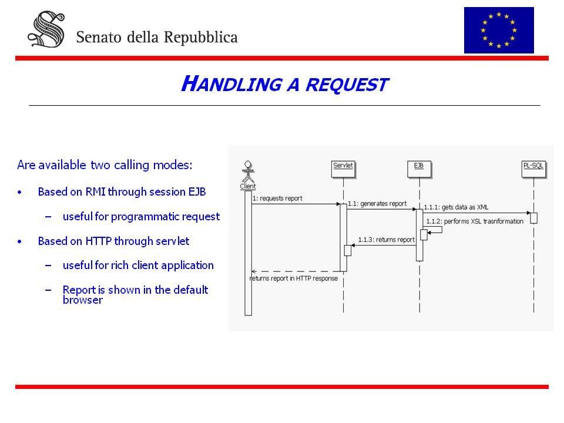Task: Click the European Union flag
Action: pyautogui.click(x=499, y=30)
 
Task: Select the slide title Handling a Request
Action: pyautogui.click(x=284, y=84)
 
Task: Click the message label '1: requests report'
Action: pyautogui.click(x=277, y=199)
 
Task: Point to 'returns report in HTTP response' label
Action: pyautogui.click(x=294, y=278)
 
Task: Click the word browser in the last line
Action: pyautogui.click(x=83, y=300)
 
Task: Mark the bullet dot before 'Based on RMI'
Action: pyautogui.click(x=20, y=193)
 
